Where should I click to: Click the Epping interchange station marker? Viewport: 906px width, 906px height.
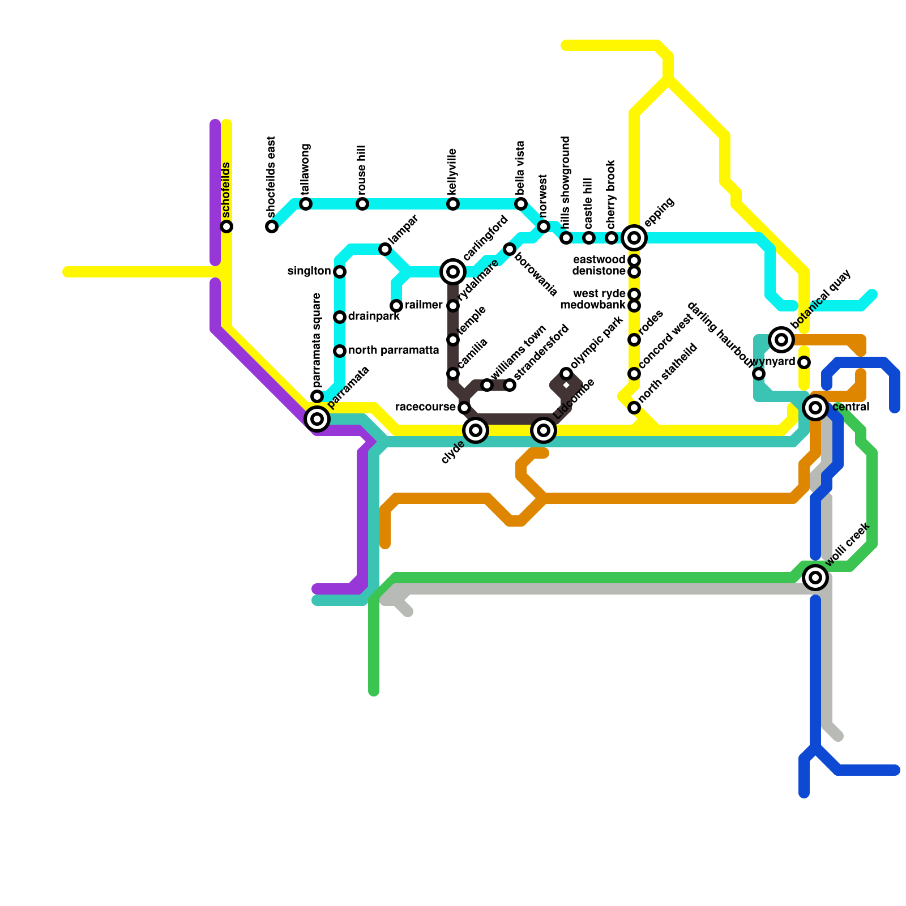(634, 238)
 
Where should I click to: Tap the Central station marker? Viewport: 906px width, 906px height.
(815, 408)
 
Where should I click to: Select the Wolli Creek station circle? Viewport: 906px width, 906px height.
(815, 578)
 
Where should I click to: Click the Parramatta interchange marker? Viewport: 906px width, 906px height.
(317, 419)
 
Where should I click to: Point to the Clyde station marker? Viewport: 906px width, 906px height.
(476, 430)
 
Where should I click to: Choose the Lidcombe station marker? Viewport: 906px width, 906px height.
(544, 430)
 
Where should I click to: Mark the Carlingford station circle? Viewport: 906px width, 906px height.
(453, 272)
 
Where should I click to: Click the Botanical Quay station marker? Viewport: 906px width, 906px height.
(781, 340)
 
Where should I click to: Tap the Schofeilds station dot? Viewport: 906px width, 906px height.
(226, 226)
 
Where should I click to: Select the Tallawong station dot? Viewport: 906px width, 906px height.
(306, 204)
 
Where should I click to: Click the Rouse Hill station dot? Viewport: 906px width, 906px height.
(362, 204)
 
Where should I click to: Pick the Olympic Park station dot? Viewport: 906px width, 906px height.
(566, 374)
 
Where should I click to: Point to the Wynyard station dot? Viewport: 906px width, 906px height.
(804, 362)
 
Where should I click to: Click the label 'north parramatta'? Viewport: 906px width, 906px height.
(394, 351)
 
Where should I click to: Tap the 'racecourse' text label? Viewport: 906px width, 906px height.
(425, 407)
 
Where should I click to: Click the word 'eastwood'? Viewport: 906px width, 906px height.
(599, 260)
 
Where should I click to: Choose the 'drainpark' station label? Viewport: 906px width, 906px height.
(374, 317)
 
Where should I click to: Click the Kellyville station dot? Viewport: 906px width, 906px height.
(453, 204)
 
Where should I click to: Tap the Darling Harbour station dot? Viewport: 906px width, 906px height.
(759, 374)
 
